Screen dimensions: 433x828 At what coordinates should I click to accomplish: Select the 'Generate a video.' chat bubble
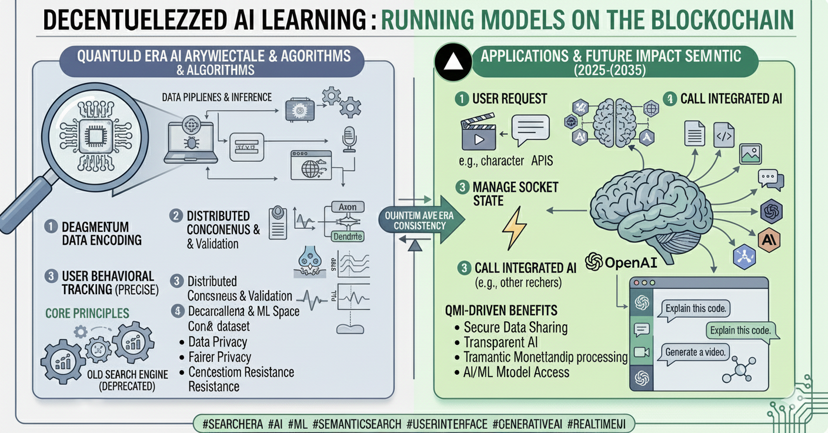click(697, 352)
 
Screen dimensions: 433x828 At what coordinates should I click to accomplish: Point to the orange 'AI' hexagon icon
click(767, 239)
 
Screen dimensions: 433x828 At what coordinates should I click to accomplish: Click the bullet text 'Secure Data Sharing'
click(515, 328)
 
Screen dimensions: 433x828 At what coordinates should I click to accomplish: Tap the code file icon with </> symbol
click(723, 134)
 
